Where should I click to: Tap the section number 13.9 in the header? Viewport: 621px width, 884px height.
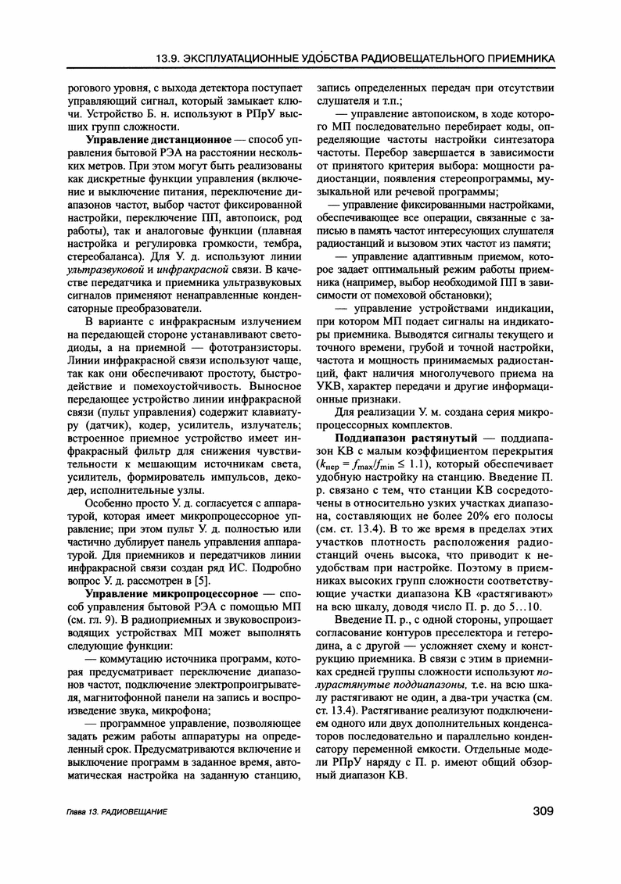[171, 58]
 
